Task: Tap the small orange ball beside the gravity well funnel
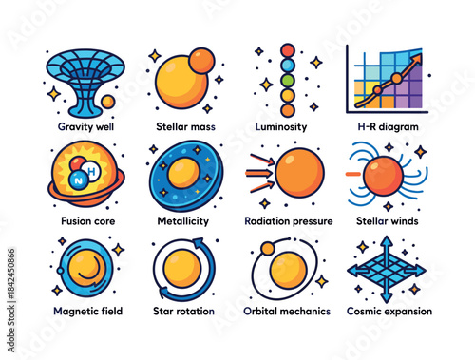click(x=107, y=101)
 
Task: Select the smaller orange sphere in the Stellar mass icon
click(x=201, y=60)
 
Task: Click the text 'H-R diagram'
click(x=387, y=126)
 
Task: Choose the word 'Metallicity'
click(x=183, y=220)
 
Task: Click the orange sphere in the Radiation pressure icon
click(x=299, y=173)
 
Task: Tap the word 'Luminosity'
click(x=286, y=126)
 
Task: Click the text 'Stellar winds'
click(x=388, y=220)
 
